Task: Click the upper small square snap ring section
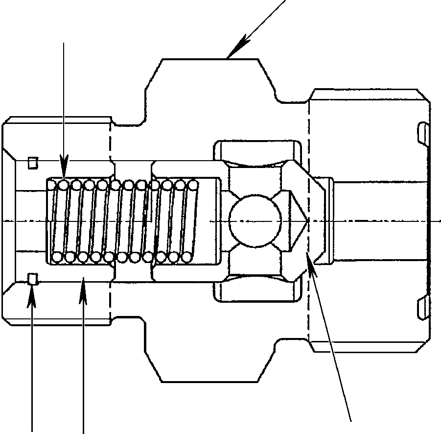(x=33, y=162)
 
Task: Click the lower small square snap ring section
(x=33, y=280)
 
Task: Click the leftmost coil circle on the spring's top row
(x=52, y=185)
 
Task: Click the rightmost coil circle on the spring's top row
(x=193, y=185)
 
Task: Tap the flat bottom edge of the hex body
(x=210, y=381)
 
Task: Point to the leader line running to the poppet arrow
(x=333, y=343)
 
